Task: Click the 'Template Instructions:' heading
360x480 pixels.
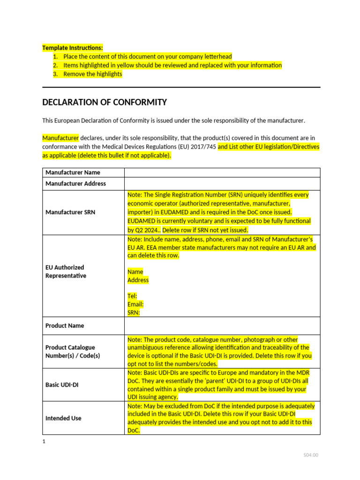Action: click(72, 48)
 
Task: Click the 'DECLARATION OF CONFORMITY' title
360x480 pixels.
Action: click(105, 102)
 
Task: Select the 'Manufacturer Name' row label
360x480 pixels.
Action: click(73, 172)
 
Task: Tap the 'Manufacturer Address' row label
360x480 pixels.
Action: click(75, 184)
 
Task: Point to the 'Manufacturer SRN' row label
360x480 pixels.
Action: click(70, 212)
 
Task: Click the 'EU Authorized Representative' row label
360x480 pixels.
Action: click(66, 272)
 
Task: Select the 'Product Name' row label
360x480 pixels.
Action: click(65, 326)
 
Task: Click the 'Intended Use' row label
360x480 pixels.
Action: click(63, 418)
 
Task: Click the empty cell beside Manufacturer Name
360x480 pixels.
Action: click(222, 172)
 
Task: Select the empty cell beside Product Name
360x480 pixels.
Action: click(222, 326)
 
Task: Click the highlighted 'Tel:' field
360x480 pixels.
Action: click(132, 296)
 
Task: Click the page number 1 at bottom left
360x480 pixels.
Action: click(44, 442)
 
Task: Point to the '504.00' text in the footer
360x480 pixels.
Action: click(310, 455)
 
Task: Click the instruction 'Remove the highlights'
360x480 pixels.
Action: click(93, 74)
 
